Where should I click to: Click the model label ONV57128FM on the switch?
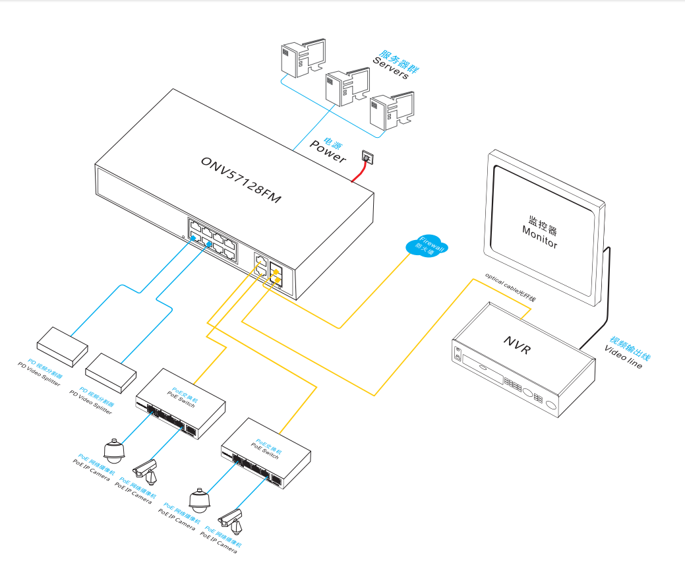click(241, 179)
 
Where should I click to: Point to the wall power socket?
click(367, 157)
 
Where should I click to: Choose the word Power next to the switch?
click(328, 152)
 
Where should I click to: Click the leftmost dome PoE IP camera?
click(114, 450)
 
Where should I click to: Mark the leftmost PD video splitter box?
click(62, 345)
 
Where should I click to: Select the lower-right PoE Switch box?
click(266, 451)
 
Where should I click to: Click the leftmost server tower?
click(298, 57)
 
